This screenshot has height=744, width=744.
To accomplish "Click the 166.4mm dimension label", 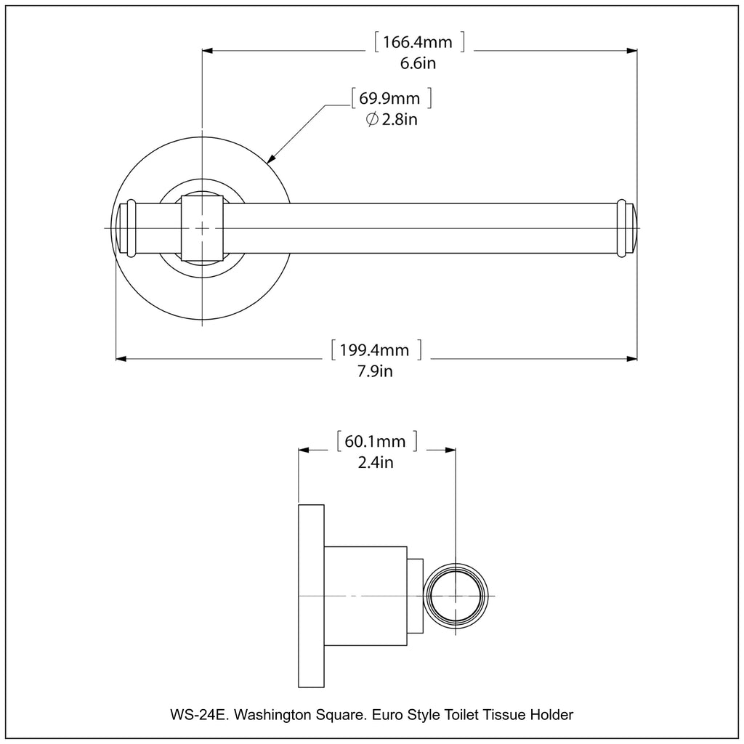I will [418, 42].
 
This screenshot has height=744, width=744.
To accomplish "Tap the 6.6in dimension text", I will [418, 63].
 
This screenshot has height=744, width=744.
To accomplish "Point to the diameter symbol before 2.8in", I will [371, 120].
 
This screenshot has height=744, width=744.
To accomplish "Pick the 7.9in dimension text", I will [375, 372].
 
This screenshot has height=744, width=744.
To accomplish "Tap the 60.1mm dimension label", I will [376, 441].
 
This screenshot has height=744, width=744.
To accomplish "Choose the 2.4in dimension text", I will [376, 462].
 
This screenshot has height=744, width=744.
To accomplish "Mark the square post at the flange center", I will [202, 228].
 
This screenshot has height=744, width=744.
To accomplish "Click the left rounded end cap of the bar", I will [124, 227].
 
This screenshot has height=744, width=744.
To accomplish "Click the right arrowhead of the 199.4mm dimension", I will [632, 358].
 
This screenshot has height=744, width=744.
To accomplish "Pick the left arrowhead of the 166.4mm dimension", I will [207, 51].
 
